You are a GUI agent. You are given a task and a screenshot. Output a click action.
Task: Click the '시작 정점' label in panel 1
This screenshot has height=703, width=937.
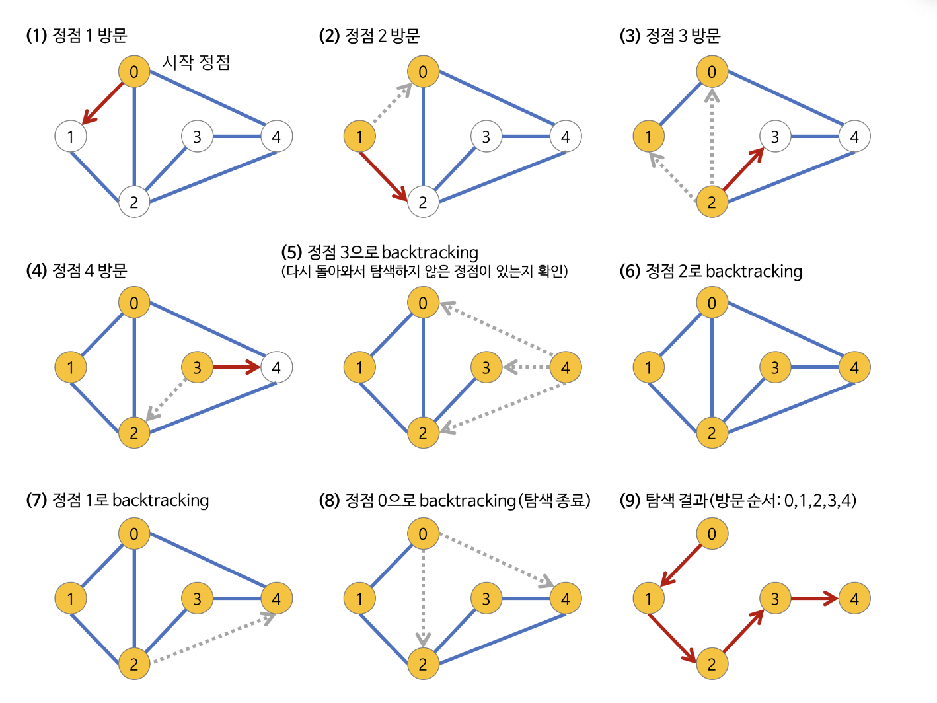point(196,63)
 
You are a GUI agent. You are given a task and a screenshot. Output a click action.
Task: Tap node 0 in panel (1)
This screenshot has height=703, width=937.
point(134,71)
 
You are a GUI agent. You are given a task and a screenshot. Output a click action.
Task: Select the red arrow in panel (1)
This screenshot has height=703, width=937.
point(102,104)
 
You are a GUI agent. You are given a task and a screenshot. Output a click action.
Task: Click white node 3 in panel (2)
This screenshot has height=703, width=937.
point(486,137)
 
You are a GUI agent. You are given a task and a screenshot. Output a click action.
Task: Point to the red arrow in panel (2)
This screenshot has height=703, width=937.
point(383,176)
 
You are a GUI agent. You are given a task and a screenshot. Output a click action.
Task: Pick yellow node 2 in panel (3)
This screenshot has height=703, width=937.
point(712,202)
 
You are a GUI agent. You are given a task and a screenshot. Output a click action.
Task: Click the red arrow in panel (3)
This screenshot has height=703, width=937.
point(743,170)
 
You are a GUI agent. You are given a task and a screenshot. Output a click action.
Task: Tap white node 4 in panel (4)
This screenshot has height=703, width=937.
point(276,367)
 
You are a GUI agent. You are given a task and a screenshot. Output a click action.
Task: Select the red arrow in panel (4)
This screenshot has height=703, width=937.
point(237,367)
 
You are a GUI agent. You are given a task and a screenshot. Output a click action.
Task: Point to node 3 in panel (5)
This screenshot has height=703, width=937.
point(486,367)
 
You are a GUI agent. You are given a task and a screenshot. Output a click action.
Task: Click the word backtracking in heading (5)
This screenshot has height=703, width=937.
point(430,253)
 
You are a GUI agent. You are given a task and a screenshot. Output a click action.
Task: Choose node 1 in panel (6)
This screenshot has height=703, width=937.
point(648,367)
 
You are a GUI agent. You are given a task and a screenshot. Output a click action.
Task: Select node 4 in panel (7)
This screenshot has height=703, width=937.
point(276,599)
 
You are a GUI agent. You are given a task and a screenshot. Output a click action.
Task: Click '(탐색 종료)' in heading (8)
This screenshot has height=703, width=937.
point(554,501)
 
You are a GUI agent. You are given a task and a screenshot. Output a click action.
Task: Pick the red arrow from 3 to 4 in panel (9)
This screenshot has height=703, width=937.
point(814,599)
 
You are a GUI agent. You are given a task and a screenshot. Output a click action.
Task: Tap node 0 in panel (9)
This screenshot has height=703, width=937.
point(712,534)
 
